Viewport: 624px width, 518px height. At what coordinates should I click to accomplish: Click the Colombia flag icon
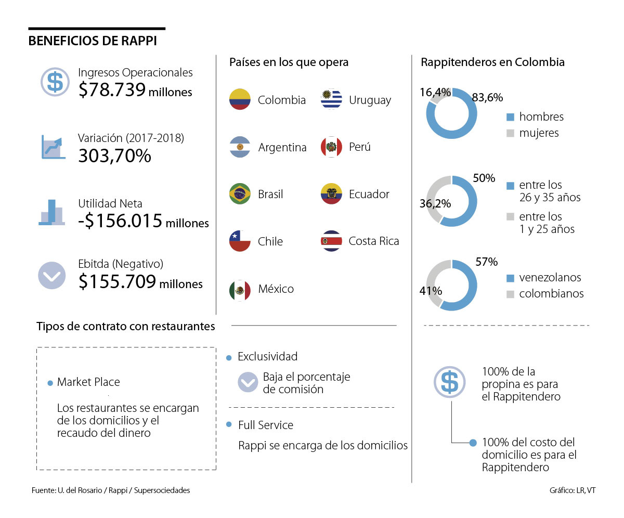(x=240, y=99)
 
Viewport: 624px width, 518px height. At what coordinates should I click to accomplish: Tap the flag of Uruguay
(x=332, y=99)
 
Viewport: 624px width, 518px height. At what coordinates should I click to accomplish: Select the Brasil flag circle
(x=240, y=194)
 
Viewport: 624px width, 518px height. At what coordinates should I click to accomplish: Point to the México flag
(x=240, y=289)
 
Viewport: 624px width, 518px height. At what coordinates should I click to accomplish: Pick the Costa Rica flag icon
(x=332, y=241)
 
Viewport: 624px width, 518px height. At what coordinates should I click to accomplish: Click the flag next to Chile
(x=240, y=241)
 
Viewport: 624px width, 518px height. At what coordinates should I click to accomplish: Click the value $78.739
(x=112, y=90)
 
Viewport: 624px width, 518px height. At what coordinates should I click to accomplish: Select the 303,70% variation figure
(x=114, y=155)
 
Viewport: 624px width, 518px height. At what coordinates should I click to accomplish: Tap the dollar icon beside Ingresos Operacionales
(x=55, y=82)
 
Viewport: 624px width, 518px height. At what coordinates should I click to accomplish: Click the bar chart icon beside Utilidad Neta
(x=52, y=212)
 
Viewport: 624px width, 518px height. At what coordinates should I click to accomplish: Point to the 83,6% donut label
(x=487, y=97)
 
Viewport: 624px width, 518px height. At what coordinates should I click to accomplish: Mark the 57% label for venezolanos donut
(x=487, y=261)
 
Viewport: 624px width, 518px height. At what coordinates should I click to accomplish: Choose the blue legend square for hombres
(x=510, y=117)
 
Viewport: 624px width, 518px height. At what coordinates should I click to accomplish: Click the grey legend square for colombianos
(x=510, y=294)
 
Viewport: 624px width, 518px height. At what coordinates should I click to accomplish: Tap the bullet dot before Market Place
(x=50, y=383)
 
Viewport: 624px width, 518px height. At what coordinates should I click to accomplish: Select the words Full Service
(x=266, y=425)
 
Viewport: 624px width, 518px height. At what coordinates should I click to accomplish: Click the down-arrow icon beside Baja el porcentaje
(x=248, y=382)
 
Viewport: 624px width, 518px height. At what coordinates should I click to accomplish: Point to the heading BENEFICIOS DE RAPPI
(x=93, y=41)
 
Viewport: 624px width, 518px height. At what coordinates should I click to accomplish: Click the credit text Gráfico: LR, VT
(x=572, y=490)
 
